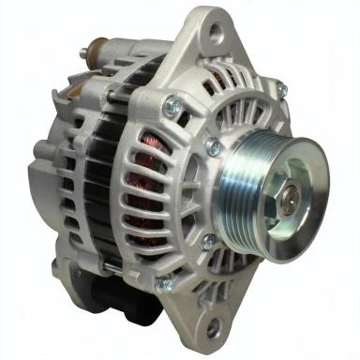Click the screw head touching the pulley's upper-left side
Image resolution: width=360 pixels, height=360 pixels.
[214, 146]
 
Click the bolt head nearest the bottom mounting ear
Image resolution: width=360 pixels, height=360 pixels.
[161, 281]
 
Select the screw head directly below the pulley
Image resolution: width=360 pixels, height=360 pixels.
[208, 241]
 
